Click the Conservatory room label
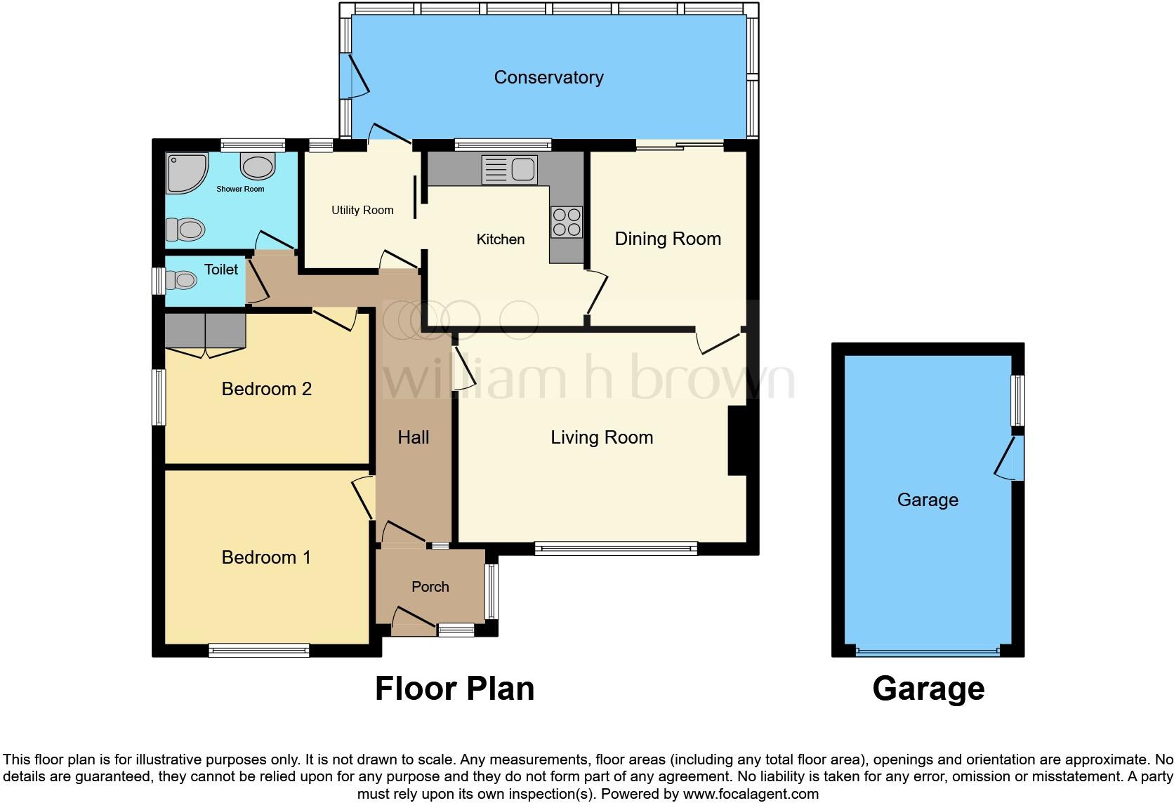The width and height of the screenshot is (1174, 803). tap(548, 77)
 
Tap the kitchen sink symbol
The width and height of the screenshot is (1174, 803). tap(510, 170)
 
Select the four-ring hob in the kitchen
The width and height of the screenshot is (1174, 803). tap(567, 222)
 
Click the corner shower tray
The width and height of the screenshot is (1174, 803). tap(185, 173)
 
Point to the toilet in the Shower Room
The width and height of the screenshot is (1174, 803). tap(185, 229)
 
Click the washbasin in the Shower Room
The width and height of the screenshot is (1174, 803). tap(258, 166)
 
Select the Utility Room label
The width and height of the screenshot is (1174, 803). tap(362, 210)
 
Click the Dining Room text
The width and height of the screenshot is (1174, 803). tap(668, 239)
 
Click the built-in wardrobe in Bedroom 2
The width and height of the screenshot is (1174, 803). tap(205, 331)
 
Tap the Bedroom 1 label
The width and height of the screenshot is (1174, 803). tap(265, 557)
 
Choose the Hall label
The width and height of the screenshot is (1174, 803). tap(413, 437)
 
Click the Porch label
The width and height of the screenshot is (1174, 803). tap(430, 587)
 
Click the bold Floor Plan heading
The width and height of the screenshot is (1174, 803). tap(454, 689)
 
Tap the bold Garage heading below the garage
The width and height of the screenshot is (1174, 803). tap(928, 689)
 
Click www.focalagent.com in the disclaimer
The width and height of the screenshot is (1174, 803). tap(751, 795)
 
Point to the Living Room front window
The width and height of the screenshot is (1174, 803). tap(616, 548)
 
